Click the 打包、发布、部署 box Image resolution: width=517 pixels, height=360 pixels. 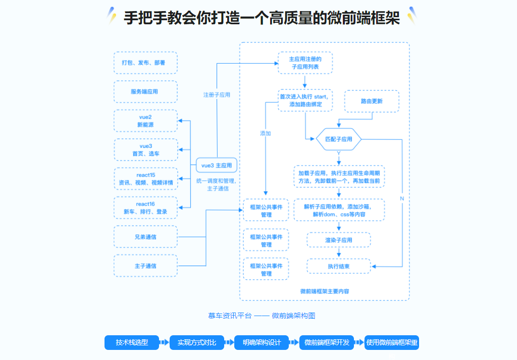click(x=145, y=63)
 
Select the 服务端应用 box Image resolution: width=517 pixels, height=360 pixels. click(x=145, y=92)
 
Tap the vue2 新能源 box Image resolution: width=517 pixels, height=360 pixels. click(x=145, y=121)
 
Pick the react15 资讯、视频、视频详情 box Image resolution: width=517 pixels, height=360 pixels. click(x=145, y=179)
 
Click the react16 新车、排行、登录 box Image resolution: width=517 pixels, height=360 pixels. click(x=145, y=208)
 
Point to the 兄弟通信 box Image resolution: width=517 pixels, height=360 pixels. click(x=145, y=236)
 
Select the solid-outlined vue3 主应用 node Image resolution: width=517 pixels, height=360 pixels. click(x=217, y=165)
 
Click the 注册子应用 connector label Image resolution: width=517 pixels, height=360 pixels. click(x=217, y=94)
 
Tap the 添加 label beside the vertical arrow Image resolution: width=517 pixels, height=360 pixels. click(x=266, y=133)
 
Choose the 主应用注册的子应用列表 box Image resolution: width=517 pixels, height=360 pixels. click(x=305, y=63)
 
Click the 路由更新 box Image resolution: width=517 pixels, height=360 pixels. click(x=372, y=101)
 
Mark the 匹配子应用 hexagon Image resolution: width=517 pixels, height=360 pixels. click(x=339, y=139)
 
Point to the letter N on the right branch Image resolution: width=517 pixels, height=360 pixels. click(x=402, y=198)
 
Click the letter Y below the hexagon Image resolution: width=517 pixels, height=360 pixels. click(x=339, y=152)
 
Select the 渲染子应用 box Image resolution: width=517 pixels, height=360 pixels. click(x=339, y=240)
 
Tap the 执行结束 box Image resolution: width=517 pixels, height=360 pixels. click(x=339, y=266)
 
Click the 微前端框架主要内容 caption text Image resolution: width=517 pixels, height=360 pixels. click(x=325, y=291)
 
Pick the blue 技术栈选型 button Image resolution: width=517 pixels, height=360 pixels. click(x=132, y=342)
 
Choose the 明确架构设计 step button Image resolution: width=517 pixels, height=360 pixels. click(x=262, y=342)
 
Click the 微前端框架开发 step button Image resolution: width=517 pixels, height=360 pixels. click(x=327, y=342)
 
